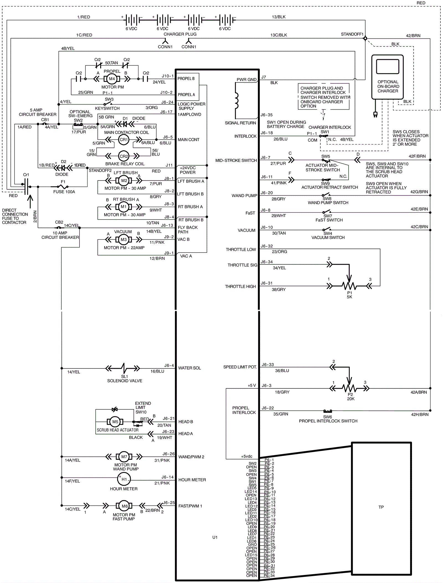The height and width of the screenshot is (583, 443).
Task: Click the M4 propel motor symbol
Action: point(112,79)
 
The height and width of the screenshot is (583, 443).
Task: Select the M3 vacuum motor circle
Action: point(123,239)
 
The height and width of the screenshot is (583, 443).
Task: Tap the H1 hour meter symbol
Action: point(124,479)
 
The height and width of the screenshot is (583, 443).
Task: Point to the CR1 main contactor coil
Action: point(123,140)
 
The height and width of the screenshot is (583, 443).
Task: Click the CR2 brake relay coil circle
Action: point(124,156)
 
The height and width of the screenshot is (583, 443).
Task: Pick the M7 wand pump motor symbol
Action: point(124,457)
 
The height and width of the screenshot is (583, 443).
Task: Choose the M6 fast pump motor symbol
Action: point(125,506)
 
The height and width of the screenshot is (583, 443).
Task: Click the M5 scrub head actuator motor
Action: point(115,422)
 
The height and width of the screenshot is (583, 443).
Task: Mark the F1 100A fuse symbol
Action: point(63,187)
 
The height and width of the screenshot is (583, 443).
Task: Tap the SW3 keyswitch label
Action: point(109,99)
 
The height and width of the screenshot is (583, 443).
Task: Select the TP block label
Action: point(381,507)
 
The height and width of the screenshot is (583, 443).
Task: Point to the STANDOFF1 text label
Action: point(352,34)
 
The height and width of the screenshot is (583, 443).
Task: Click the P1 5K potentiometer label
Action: point(349,295)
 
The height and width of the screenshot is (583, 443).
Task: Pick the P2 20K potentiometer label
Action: point(351,397)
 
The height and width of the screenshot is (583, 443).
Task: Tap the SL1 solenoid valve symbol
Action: point(124,368)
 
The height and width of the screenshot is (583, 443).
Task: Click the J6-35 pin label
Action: point(267,115)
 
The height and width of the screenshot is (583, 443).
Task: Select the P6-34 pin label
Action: point(269,576)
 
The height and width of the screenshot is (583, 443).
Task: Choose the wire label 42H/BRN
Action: point(420,414)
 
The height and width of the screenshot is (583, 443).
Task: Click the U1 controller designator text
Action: point(215,537)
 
